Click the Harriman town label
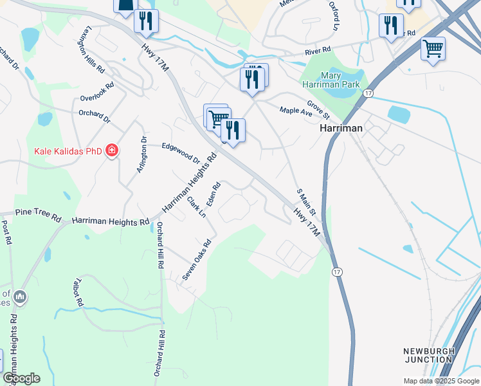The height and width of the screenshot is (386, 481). click(x=341, y=128)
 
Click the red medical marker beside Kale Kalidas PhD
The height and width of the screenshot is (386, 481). click(x=112, y=151)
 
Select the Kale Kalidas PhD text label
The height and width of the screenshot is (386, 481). click(x=68, y=152)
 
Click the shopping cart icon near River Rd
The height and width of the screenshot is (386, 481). click(x=433, y=49)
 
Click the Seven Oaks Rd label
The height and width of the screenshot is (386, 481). click(x=197, y=260)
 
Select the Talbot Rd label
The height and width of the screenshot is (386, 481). click(x=79, y=292)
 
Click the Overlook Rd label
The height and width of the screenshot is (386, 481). click(x=97, y=91)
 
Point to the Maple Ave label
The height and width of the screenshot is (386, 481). click(x=295, y=111)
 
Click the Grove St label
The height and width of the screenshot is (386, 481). click(x=318, y=109)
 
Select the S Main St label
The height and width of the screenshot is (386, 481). click(x=306, y=202)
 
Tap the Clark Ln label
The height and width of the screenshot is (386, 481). click(x=196, y=207)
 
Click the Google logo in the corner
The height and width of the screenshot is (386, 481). click(x=21, y=378)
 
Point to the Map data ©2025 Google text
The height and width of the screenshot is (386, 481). click(x=440, y=381)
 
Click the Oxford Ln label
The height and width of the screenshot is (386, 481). click(x=333, y=16)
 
